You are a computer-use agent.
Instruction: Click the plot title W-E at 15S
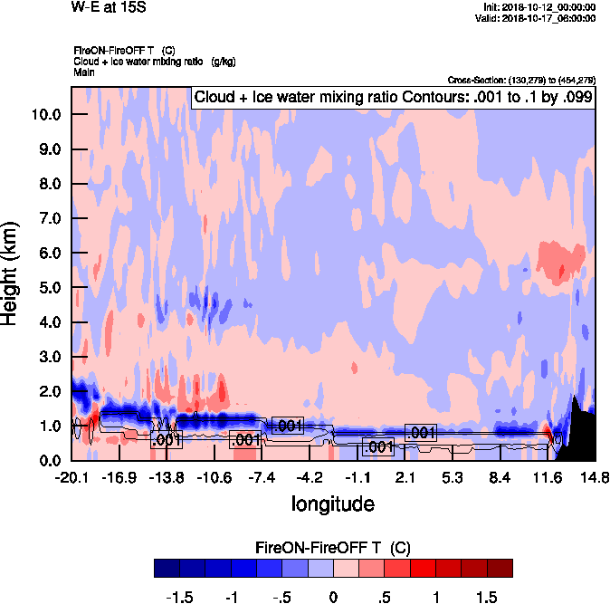[x=108, y=8]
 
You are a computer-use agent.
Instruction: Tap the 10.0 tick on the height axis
[x=45, y=114]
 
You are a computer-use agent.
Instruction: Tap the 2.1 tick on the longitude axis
[x=405, y=477]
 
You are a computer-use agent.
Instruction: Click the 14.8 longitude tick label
[x=595, y=477]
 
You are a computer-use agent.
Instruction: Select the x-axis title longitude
[x=333, y=503]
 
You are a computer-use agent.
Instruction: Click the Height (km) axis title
[x=12, y=273]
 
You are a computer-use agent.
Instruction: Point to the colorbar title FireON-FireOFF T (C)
[x=333, y=548]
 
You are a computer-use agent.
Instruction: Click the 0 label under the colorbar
[x=333, y=598]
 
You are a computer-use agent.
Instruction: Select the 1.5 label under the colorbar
[x=487, y=598]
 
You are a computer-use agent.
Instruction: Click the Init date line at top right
[x=539, y=7]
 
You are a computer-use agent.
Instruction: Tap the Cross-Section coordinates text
[x=521, y=80]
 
